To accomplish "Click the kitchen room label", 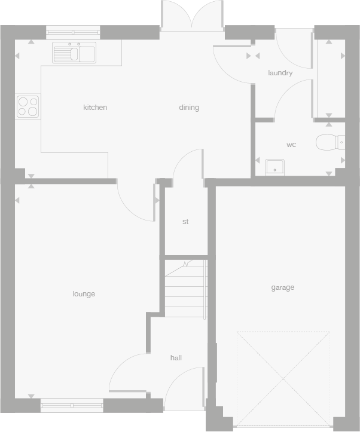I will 95,108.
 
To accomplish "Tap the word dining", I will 189,108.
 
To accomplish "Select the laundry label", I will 280,73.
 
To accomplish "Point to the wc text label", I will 291,145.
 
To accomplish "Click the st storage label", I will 185,222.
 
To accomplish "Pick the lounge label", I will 84,294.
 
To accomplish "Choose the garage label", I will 283,287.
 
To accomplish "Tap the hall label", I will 176,358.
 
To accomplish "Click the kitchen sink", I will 74,53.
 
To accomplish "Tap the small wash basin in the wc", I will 275,167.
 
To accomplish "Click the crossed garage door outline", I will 283,378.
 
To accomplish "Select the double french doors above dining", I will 191,16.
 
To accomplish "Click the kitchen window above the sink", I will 72,34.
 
